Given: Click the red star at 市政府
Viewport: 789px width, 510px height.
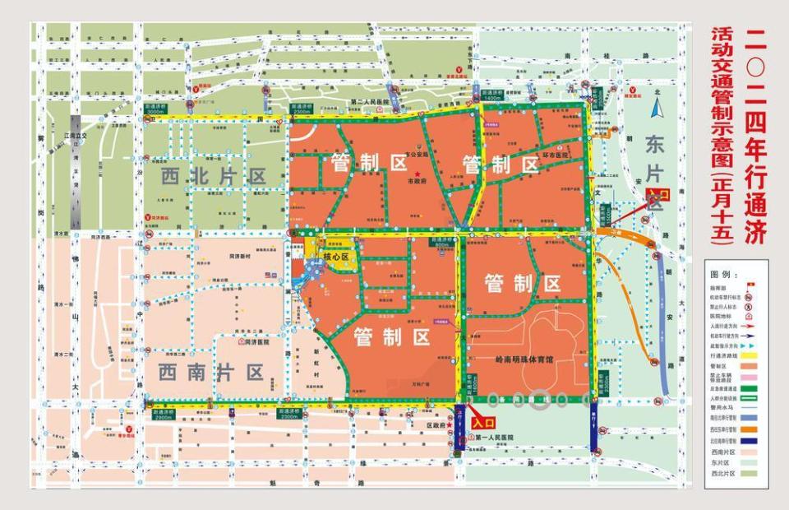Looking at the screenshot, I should (x=417, y=172).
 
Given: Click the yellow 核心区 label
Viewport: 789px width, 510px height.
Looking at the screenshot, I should (x=336, y=257).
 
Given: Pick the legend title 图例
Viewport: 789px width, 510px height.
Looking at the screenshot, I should (x=722, y=274).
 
